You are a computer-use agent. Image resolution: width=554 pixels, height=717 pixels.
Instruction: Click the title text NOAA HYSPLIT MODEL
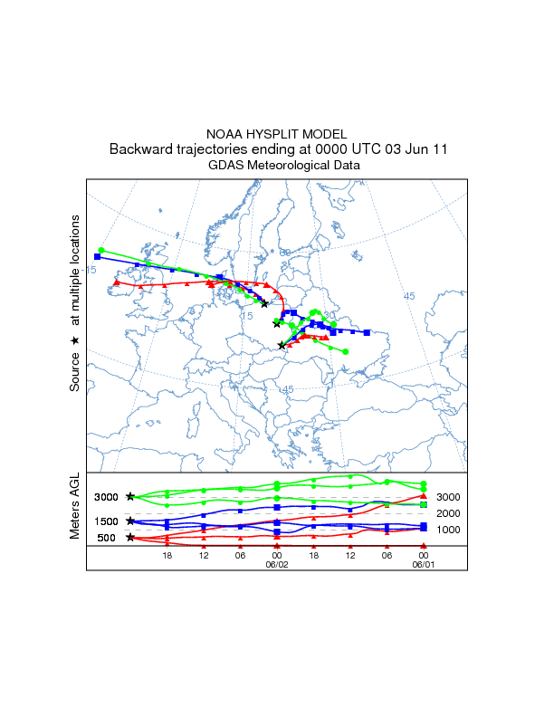[x=276, y=133]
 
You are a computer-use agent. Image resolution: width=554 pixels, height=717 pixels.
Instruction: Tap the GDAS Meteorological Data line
[x=276, y=165]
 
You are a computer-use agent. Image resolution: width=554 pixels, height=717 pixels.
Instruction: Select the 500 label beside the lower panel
[x=105, y=538]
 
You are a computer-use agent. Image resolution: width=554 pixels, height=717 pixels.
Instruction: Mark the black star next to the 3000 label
[x=130, y=496]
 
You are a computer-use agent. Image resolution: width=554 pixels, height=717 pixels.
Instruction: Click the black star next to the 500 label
[x=130, y=538]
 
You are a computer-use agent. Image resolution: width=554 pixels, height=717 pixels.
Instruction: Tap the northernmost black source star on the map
[x=264, y=303]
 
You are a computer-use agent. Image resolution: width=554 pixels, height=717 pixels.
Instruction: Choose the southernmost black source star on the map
[x=282, y=345]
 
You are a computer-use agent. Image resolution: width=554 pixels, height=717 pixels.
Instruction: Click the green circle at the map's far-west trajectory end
[x=102, y=250]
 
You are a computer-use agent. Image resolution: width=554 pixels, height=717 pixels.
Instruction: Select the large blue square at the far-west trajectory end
[x=98, y=257]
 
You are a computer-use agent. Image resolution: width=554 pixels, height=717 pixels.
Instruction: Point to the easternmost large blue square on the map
[x=367, y=332]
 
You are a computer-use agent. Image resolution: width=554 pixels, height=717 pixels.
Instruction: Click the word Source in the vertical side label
[x=76, y=372]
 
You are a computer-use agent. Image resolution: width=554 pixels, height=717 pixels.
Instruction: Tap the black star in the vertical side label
[x=76, y=339]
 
